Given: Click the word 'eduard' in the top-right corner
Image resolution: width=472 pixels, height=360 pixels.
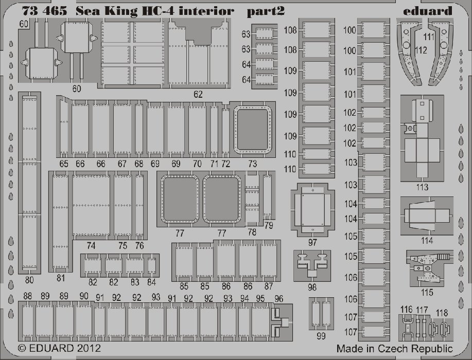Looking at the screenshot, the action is click(428, 11).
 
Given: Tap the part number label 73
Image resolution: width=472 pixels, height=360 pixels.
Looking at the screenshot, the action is click(253, 164).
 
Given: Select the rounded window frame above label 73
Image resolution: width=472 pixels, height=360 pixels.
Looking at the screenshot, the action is click(253, 130).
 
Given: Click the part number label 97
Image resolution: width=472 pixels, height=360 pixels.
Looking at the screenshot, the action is click(312, 242).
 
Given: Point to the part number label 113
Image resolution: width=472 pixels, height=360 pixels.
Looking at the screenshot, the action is click(422, 187).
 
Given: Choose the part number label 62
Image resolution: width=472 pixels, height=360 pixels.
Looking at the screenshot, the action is click(198, 95).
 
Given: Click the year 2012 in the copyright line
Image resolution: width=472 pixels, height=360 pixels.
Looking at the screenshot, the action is click(88, 348).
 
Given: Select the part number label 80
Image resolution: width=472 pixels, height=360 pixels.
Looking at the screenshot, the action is click(29, 280).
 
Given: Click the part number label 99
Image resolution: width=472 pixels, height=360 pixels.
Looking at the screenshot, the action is click(321, 336).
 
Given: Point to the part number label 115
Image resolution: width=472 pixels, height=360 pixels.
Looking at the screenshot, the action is click(427, 292).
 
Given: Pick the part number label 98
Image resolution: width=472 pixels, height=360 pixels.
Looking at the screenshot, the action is click(312, 287).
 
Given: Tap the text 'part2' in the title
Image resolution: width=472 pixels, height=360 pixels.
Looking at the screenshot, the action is click(266, 11).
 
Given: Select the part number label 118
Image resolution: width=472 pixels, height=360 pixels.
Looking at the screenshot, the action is click(442, 313).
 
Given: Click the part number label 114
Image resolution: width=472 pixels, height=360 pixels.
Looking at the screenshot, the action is click(427, 241).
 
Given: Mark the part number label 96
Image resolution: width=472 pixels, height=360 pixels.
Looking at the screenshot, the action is click(279, 299).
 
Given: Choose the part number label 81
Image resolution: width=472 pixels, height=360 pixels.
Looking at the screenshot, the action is click(61, 278).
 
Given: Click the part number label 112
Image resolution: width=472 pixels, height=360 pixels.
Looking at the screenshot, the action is click(421, 50).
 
